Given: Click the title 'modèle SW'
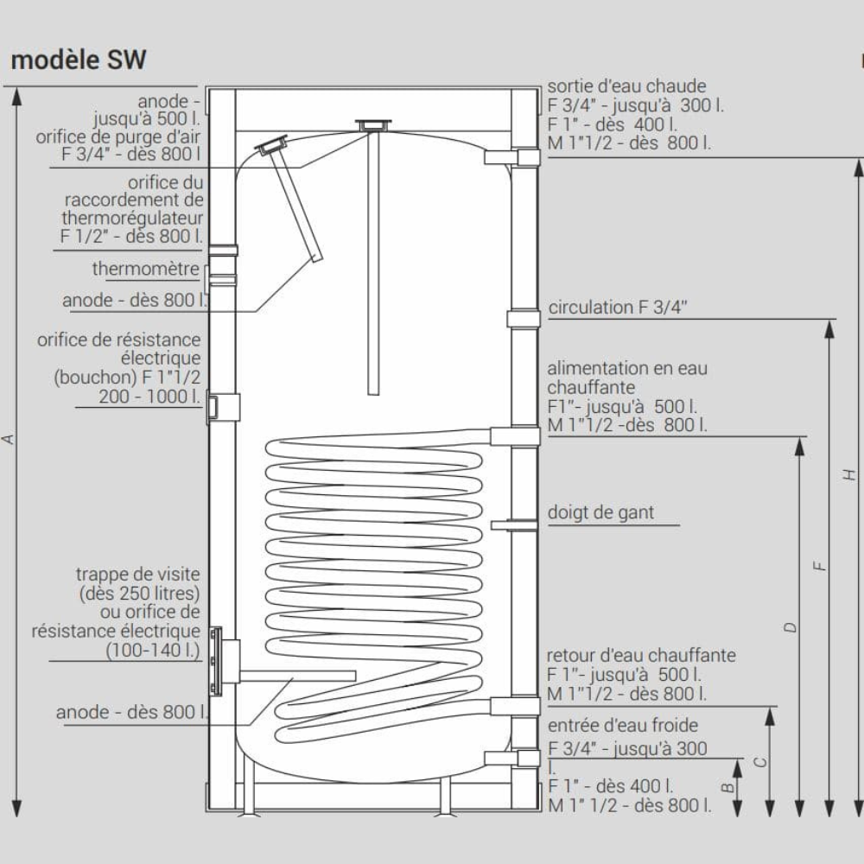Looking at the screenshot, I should [x=78, y=60].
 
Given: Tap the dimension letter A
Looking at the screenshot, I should [x=10, y=439].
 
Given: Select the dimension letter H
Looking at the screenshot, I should [x=850, y=474].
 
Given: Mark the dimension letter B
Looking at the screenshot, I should [x=728, y=787].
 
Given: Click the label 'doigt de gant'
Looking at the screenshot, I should [x=600, y=512].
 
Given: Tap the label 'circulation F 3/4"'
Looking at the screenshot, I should [x=619, y=308].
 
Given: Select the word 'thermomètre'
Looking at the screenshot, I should [x=146, y=269].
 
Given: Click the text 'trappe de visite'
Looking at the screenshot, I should [x=138, y=574].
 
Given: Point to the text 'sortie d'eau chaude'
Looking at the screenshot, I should [x=626, y=86].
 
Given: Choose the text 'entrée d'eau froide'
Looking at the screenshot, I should [x=622, y=725].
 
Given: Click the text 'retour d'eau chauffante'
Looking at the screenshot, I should [x=641, y=655].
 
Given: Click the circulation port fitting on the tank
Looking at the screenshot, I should [x=523, y=318].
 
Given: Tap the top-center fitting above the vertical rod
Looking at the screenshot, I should [x=373, y=125].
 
